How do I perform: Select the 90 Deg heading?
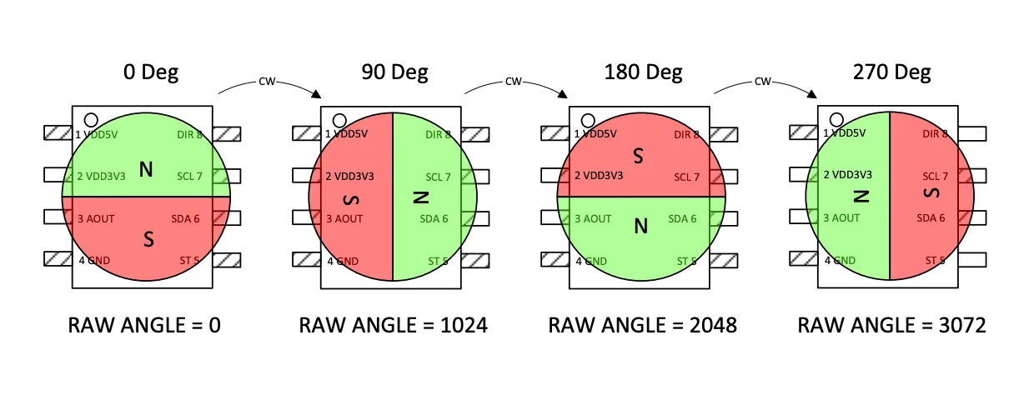coord(394,72)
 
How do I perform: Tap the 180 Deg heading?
coord(643,72)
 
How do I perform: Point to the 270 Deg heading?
coord(891,72)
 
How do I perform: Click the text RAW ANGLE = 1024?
coord(393,325)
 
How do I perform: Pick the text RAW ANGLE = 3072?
coord(891,325)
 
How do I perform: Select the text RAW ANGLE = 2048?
coord(642,325)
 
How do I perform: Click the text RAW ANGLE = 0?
coord(144,325)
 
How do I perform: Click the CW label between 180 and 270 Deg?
coord(762,82)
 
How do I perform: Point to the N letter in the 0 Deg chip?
coord(146,170)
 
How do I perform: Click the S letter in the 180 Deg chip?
coord(639,155)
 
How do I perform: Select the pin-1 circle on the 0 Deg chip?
coord(90,119)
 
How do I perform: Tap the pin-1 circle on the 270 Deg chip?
coord(836,119)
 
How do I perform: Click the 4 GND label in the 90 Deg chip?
coord(342,261)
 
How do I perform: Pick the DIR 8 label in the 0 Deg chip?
coord(189,134)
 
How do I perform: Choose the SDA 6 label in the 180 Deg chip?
coord(684,218)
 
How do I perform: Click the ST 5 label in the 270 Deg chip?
coord(936,261)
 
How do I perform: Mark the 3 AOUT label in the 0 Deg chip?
coord(95,218)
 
